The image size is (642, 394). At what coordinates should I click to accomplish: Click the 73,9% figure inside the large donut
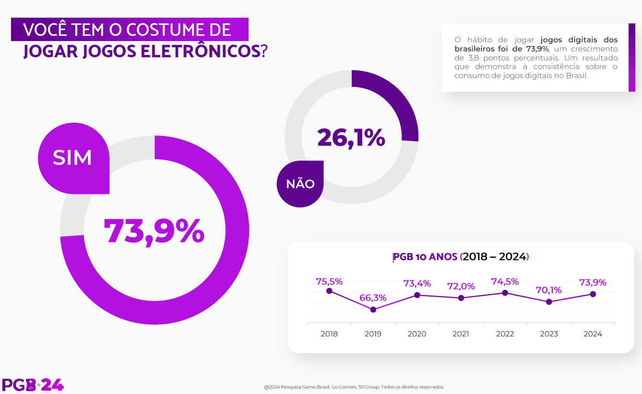point(154,232)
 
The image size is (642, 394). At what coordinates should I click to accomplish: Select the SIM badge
point(72,158)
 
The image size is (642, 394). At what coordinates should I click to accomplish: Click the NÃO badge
point(300,184)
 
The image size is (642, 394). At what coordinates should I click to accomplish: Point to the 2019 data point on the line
point(373,309)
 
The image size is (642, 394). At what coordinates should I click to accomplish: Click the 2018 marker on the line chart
point(329,291)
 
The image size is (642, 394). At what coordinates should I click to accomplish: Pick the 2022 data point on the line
point(505,293)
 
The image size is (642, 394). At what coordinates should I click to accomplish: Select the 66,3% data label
point(373,298)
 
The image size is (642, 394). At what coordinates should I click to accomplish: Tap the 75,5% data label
point(329,281)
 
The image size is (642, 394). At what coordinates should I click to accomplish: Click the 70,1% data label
point(548,290)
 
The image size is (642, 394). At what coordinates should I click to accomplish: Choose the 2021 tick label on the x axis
point(461,334)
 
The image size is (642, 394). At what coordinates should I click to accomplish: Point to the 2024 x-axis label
point(593,334)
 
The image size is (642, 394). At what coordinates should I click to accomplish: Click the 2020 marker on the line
point(417,295)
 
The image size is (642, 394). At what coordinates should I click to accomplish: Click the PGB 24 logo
point(33,385)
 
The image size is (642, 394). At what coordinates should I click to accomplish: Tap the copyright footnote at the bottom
point(354,387)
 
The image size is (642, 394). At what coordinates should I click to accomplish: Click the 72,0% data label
point(461,287)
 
